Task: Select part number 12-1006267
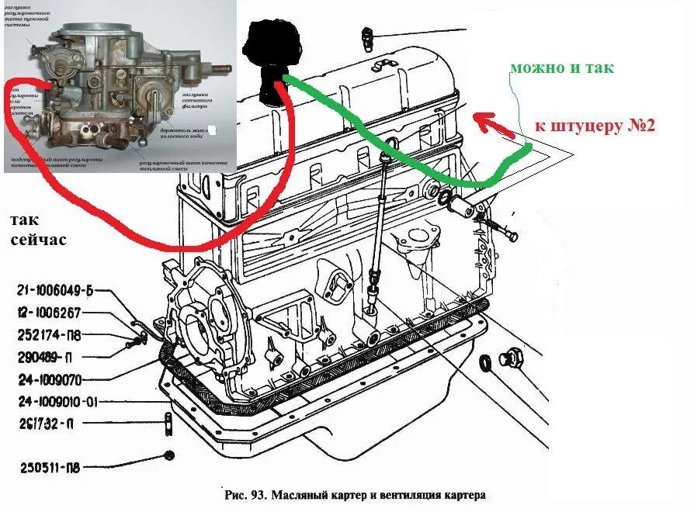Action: click(x=49, y=313)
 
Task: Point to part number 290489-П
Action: click(x=46, y=358)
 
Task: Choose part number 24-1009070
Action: click(x=48, y=380)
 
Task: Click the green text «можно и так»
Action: click(x=561, y=67)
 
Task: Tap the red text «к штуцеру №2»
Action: click(x=595, y=124)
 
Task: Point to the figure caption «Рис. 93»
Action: click(x=243, y=494)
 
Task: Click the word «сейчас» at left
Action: click(x=39, y=240)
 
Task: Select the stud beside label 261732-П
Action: click(x=168, y=424)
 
